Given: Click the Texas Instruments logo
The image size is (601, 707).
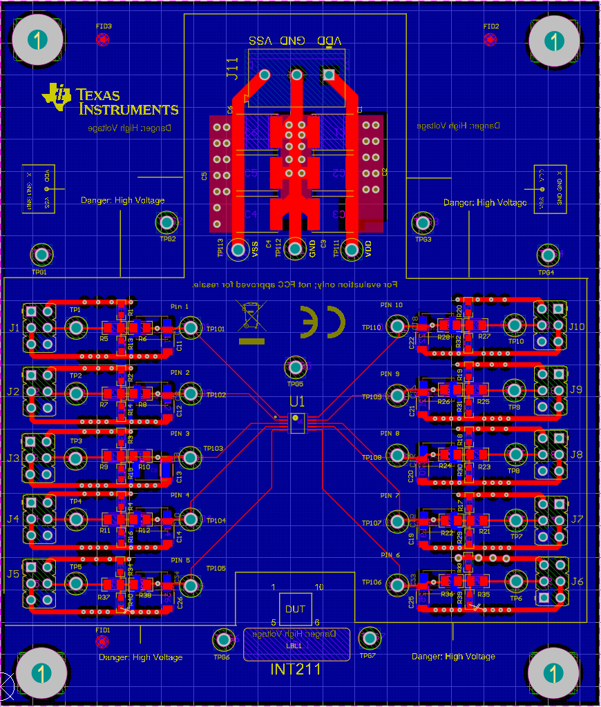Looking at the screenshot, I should [111, 99].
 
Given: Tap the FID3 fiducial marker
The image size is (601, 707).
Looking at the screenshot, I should [104, 39].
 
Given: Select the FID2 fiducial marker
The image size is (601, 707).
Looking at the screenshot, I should [490, 39].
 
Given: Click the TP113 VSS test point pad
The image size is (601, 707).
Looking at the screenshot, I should [239, 249].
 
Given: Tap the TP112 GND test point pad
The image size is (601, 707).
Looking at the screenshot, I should [296, 249].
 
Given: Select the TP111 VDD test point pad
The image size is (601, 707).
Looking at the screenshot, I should [352, 249].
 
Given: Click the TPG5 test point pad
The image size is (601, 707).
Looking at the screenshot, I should [296, 367].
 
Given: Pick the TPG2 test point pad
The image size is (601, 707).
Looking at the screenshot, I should [166, 222].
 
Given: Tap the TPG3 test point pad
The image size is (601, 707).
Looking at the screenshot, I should [423, 222].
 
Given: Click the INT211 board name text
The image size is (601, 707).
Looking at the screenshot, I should [295, 668].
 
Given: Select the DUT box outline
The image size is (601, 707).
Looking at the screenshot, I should [295, 609].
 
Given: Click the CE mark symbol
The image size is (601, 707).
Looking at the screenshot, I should [323, 321].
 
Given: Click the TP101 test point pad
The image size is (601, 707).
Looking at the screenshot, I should [190, 327].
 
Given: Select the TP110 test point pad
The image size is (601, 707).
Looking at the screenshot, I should [397, 326].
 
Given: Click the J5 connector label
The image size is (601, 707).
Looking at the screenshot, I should [13, 574].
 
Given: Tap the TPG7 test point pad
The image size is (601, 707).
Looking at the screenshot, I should [370, 639].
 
